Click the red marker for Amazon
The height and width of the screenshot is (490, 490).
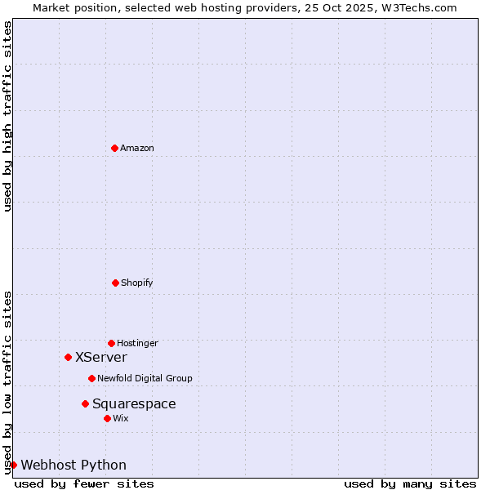pyautogui.click(x=114, y=148)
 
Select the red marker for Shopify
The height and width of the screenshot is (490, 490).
pyautogui.click(x=115, y=283)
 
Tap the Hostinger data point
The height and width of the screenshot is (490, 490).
pyautogui.click(x=111, y=343)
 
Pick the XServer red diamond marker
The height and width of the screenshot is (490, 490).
pyautogui.click(x=68, y=357)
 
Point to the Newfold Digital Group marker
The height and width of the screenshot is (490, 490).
pyautogui.click(x=91, y=378)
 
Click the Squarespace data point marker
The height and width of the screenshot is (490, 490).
pyautogui.click(x=85, y=403)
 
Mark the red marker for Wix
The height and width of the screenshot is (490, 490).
pyautogui.click(x=107, y=418)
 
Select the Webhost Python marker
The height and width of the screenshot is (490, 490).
pyautogui.click(x=13, y=465)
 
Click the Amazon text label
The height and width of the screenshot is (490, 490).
pyautogui.click(x=137, y=148)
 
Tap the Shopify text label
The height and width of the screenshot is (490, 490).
pyautogui.click(x=137, y=283)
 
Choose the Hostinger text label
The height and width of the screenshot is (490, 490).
pyautogui.click(x=137, y=343)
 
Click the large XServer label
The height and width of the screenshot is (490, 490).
pyautogui.click(x=101, y=357)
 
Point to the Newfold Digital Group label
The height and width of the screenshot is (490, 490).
pyautogui.click(x=145, y=378)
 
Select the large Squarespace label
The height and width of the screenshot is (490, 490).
pyautogui.click(x=134, y=403)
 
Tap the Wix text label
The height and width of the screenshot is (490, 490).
pyautogui.click(x=121, y=418)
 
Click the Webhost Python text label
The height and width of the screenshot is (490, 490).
pyautogui.click(x=73, y=465)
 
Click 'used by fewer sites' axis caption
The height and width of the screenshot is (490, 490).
pyautogui.click(x=84, y=483)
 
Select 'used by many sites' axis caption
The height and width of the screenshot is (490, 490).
pyautogui.click(x=410, y=483)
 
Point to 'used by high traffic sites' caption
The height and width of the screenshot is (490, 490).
pyautogui.click(x=7, y=116)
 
